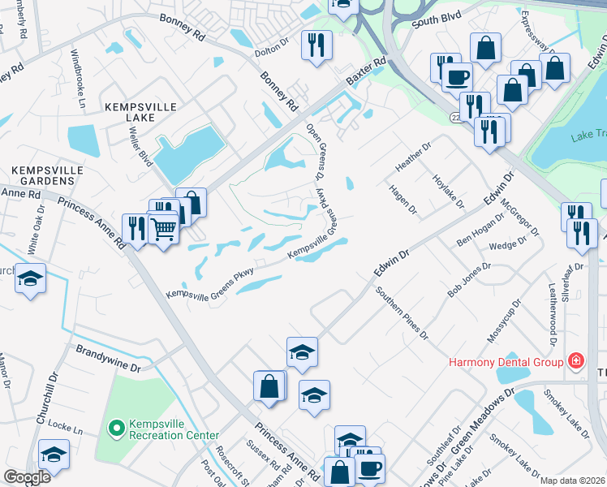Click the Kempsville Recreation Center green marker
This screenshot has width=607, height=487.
click(117, 426)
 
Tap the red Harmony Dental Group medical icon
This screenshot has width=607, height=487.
click(575, 360)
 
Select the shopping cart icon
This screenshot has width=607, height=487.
click(163, 231)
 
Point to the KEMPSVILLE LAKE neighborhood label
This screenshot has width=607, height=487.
click(129, 112)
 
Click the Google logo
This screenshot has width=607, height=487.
click(28, 477)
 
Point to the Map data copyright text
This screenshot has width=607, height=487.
click(571, 481)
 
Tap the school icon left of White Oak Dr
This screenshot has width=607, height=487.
click(30, 278)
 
